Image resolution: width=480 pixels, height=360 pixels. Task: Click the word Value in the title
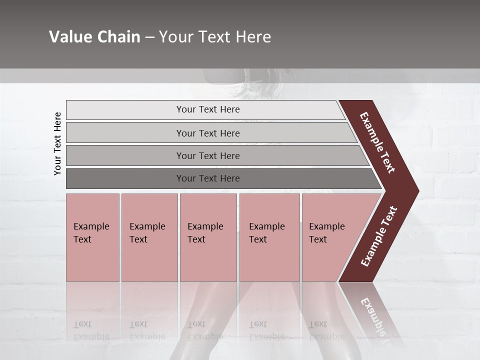point(70,37)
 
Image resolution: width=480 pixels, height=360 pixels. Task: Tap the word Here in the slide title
point(253,37)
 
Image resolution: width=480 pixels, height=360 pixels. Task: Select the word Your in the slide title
point(174,37)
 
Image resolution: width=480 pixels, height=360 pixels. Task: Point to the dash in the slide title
point(149,37)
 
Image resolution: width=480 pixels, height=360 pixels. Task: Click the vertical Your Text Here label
point(57,144)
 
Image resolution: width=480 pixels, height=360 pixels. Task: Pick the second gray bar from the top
point(208,133)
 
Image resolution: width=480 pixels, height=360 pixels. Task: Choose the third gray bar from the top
point(208,155)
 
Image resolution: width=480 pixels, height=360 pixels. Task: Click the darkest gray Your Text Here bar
point(208,178)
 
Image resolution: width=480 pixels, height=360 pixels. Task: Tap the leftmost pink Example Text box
point(92,237)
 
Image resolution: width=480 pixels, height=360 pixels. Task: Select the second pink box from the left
point(149,237)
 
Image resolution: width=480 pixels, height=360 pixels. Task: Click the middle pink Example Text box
point(208,237)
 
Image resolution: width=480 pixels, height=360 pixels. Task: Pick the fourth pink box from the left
point(269,237)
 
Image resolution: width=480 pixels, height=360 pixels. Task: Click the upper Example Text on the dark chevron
point(377,142)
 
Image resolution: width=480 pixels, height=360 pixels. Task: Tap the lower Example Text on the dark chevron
point(378,236)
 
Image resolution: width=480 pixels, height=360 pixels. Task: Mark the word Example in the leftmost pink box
point(91,226)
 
